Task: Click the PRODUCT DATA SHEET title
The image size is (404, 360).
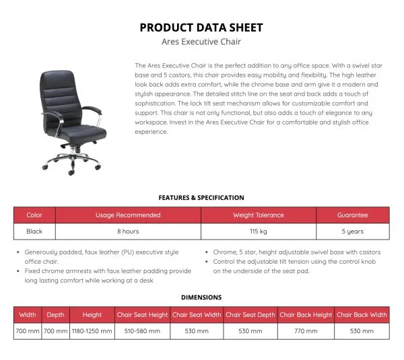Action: (x=201, y=28)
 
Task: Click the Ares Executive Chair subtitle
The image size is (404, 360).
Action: (x=201, y=42)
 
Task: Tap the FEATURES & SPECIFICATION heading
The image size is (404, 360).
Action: (x=201, y=198)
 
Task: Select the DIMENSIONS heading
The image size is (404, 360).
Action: (x=201, y=297)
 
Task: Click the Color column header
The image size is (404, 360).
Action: (x=34, y=215)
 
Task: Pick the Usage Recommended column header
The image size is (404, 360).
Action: (x=128, y=215)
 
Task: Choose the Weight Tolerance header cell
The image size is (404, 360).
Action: (x=259, y=215)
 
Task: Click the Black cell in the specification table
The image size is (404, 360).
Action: (x=34, y=231)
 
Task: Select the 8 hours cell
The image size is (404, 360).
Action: (x=128, y=231)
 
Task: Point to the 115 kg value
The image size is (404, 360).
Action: (x=259, y=231)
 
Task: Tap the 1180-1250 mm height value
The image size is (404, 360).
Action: (x=92, y=332)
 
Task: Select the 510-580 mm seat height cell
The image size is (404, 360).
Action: (x=142, y=332)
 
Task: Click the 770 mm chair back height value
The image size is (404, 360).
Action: (x=306, y=332)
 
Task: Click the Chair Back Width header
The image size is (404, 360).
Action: (x=362, y=314)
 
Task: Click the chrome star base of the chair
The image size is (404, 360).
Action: (x=71, y=161)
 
